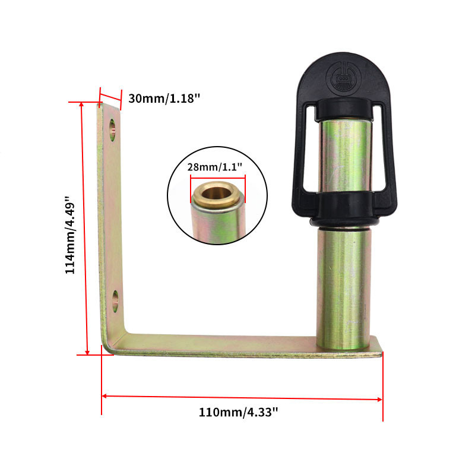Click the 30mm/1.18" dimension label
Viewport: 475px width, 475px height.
tap(164, 99)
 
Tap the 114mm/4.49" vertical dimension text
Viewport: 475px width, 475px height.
tap(69, 235)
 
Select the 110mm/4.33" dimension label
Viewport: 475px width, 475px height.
tap(238, 412)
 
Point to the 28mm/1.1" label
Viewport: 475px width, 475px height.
tap(215, 167)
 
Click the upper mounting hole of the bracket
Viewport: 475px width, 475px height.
tap(112, 130)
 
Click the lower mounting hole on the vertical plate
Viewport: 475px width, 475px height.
tap(115, 301)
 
